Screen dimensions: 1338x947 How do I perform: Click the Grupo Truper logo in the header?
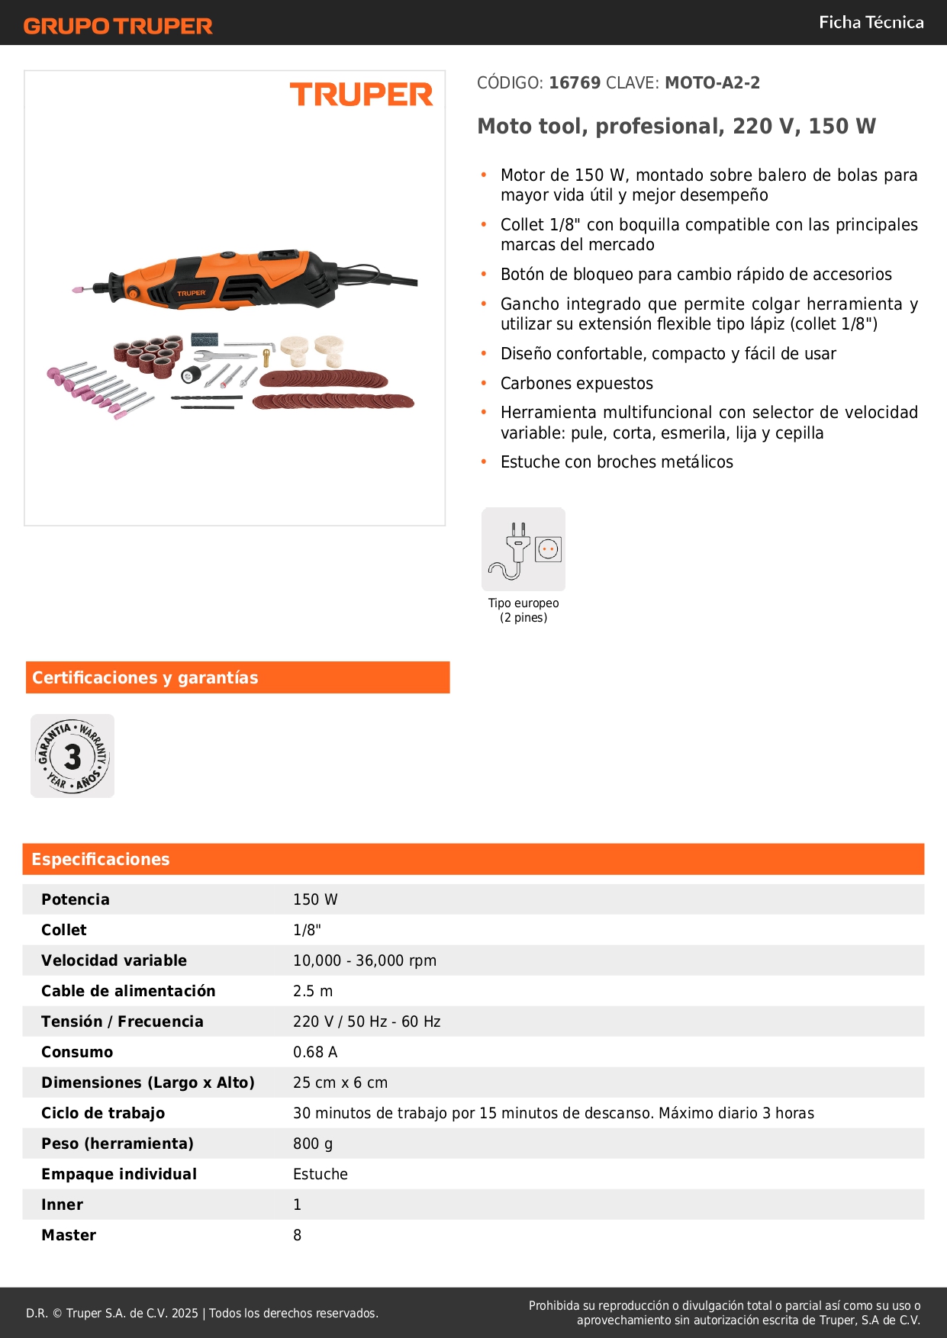coord(118,26)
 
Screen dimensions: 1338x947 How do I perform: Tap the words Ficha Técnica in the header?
coord(871,22)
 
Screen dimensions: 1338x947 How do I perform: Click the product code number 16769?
coord(575,82)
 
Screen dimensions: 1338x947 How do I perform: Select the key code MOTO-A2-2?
coord(712,82)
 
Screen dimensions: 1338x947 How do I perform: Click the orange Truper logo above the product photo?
coord(361,95)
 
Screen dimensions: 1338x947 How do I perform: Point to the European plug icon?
coord(523,549)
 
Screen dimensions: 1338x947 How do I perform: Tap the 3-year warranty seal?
coord(72,756)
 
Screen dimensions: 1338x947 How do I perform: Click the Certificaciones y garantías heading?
coord(145,677)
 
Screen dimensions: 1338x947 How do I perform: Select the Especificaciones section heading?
coord(101,859)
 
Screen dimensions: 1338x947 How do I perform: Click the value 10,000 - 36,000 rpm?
coord(365,960)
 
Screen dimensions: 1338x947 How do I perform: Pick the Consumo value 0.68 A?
coord(315,1052)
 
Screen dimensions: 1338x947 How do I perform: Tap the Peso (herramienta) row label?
coord(118,1143)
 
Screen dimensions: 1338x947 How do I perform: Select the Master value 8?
coord(298,1235)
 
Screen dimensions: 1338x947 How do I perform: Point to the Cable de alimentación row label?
coord(128,991)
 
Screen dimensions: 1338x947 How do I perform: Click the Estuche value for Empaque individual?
coord(320,1174)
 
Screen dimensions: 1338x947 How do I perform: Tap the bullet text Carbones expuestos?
coord(577,383)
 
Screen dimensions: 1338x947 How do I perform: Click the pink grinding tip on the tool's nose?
coord(77,290)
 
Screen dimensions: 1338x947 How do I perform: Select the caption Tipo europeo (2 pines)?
coord(523,610)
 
